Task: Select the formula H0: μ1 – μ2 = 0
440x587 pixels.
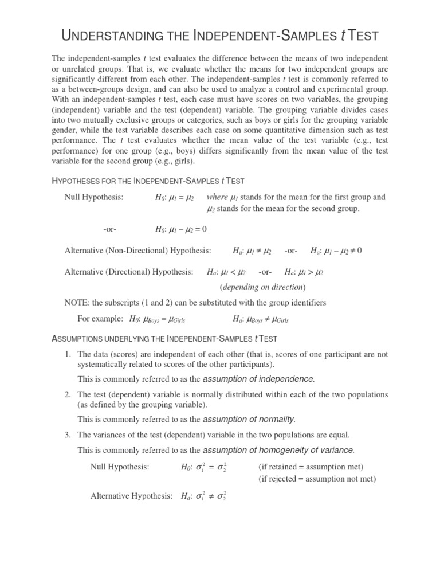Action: pos(180,229)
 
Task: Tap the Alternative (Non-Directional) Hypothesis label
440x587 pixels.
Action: pos(137,251)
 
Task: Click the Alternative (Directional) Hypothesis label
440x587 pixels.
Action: pos(129,272)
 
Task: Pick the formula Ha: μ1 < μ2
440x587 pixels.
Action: pos(226,272)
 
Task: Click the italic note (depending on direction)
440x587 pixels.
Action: pos(263,287)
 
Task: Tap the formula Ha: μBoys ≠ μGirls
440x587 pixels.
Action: pos(261,319)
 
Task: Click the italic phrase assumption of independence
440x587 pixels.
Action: pos(259,379)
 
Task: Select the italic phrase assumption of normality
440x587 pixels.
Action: pos(253,418)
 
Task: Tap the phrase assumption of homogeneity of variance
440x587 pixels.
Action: pos(279,449)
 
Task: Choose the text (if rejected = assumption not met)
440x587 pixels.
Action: pos(317,479)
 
